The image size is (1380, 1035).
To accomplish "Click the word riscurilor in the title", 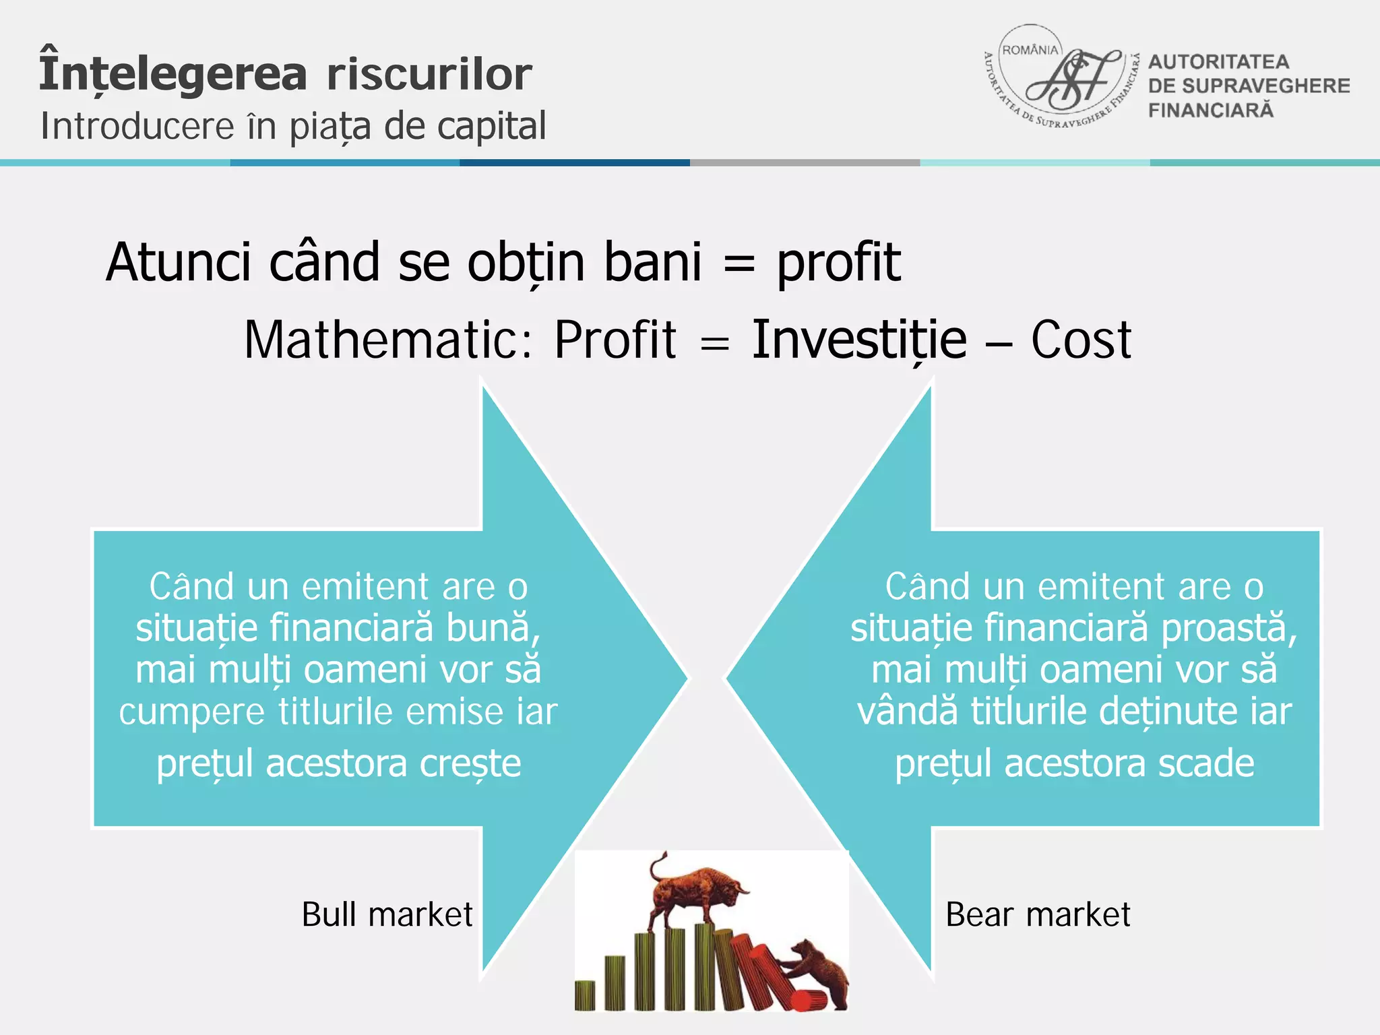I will click(429, 74).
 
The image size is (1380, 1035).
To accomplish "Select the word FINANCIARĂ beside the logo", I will click(1211, 111).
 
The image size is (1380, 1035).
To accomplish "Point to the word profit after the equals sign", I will click(838, 262).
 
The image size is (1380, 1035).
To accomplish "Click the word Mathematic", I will click(388, 340).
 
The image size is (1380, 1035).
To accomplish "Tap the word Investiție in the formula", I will click(859, 340).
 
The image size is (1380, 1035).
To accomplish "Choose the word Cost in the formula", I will click(1081, 340).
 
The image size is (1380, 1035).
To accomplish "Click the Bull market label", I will click(387, 914).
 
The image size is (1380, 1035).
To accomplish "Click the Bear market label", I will click(1038, 914).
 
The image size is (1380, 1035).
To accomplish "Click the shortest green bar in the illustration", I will click(585, 996).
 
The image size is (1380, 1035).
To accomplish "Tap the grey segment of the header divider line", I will click(805, 162).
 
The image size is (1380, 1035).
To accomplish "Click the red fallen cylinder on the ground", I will click(809, 1000).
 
